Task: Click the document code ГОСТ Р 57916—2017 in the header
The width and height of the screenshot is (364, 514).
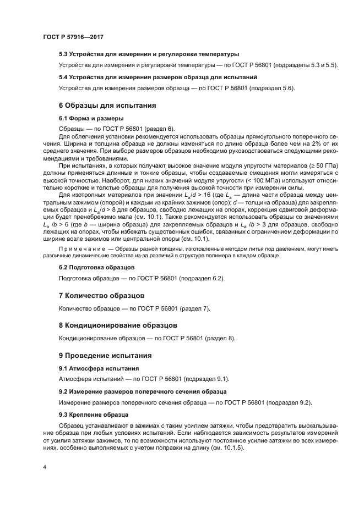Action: pyautogui.click(x=73, y=36)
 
